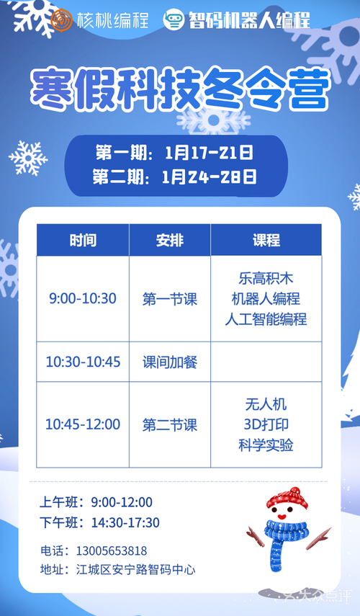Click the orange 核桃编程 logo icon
point(62,20)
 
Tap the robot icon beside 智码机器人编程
point(174,20)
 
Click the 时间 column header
point(83,240)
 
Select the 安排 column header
point(170,240)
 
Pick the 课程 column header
point(266,240)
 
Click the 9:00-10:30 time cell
point(83,298)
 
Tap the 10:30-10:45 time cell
point(83,362)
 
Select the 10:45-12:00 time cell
point(83,424)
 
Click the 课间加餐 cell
point(170,362)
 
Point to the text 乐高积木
point(266,279)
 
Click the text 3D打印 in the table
point(266,424)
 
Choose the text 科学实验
point(266,445)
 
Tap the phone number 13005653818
point(112,550)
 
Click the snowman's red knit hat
point(287,498)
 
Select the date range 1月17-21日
point(209,153)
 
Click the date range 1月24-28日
point(209,177)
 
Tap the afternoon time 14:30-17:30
point(125,523)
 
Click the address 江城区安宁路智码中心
point(135,570)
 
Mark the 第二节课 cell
point(170,425)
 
